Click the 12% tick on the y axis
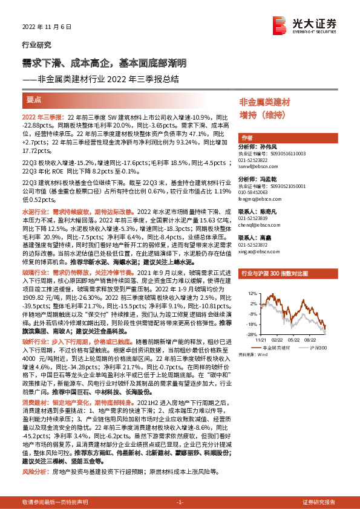pos(250,293)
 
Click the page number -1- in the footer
pos(179,502)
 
